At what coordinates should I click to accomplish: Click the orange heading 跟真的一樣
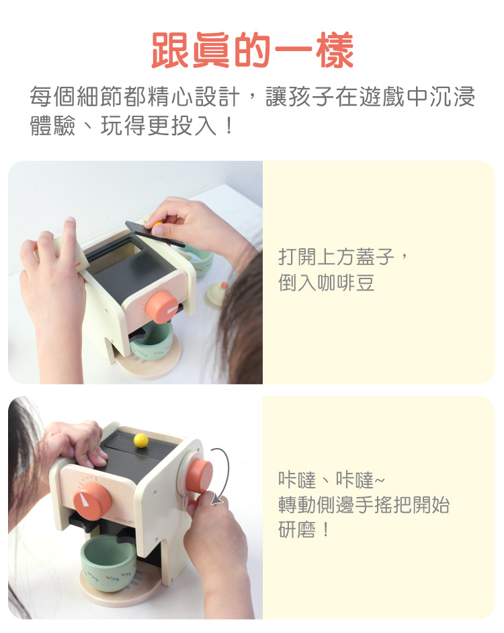(253, 50)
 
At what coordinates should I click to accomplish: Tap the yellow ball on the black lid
(140, 441)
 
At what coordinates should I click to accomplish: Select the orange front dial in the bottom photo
(92, 501)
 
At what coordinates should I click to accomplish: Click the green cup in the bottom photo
(108, 563)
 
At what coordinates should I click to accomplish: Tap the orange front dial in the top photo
(162, 306)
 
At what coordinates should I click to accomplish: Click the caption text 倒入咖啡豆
(326, 282)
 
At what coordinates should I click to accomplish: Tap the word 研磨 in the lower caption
(297, 529)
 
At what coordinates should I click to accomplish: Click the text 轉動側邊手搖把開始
(364, 505)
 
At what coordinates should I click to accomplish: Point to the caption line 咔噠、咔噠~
(331, 480)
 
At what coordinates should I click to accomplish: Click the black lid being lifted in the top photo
(155, 235)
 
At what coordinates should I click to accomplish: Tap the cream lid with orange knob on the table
(216, 294)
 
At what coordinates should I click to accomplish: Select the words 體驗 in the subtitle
(53, 126)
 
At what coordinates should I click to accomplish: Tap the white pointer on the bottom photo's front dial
(85, 500)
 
